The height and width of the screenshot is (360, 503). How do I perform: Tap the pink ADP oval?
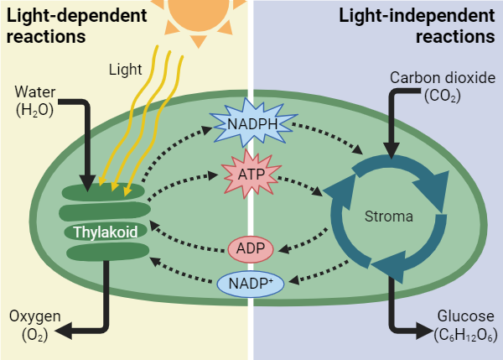point(251,249)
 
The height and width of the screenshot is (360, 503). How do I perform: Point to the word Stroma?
point(389,217)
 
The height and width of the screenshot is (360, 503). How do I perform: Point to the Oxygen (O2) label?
point(34,325)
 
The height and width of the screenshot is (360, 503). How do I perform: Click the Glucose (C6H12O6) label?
point(465,326)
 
